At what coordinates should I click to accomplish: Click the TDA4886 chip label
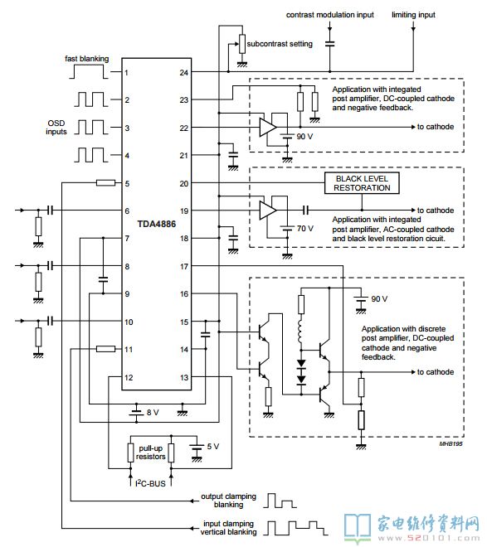(157, 224)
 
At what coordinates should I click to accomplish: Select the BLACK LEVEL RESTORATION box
(362, 183)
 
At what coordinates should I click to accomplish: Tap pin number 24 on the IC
(184, 73)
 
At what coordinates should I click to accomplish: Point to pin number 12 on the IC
(129, 377)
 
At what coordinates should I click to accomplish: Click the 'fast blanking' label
(86, 59)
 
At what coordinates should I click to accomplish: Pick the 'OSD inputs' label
(56, 128)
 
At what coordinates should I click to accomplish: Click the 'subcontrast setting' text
(280, 44)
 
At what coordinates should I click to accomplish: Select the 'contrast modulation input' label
(330, 15)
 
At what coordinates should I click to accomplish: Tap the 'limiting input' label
(413, 15)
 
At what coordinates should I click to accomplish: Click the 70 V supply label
(305, 229)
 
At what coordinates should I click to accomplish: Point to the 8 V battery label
(153, 413)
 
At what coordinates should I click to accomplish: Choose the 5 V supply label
(213, 446)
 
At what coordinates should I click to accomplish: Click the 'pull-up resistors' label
(151, 453)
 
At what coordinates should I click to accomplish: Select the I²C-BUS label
(150, 483)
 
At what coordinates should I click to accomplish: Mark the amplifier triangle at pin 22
(268, 128)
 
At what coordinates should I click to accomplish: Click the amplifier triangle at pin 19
(268, 211)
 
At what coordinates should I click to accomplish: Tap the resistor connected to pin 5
(105, 183)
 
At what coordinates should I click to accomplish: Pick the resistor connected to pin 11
(105, 349)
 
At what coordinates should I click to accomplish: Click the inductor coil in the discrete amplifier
(300, 332)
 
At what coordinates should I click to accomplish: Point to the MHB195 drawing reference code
(450, 443)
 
